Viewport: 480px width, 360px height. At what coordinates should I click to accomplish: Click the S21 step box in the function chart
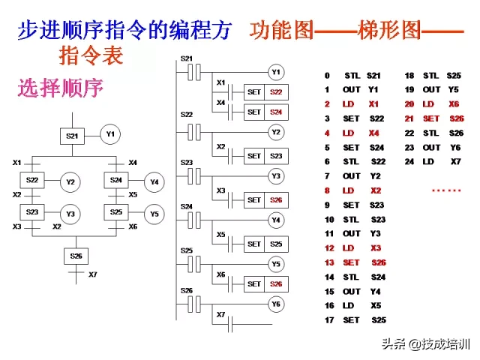tap(72, 136)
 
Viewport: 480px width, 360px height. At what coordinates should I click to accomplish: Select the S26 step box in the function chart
tap(76, 256)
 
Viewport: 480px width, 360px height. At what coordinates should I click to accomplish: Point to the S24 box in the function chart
tap(115, 181)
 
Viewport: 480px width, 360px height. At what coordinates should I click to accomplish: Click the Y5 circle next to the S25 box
tap(154, 213)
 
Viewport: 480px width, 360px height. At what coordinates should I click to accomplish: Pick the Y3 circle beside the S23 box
tap(70, 214)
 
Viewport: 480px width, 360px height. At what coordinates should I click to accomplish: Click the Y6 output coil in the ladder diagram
tap(276, 304)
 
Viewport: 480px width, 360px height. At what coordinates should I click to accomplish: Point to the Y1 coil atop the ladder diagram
tap(276, 72)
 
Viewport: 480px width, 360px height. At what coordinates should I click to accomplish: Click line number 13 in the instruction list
tap(328, 263)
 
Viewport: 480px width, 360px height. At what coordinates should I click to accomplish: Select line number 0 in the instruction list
tap(327, 76)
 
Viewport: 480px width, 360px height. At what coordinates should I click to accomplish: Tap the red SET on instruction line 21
tap(431, 118)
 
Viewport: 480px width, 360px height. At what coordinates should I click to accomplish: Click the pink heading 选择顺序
tap(60, 87)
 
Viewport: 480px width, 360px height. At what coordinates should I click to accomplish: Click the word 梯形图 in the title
tap(391, 31)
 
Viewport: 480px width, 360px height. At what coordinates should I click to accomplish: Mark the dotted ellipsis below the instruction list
tap(446, 190)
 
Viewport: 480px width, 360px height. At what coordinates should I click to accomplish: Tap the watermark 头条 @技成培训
tap(424, 344)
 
